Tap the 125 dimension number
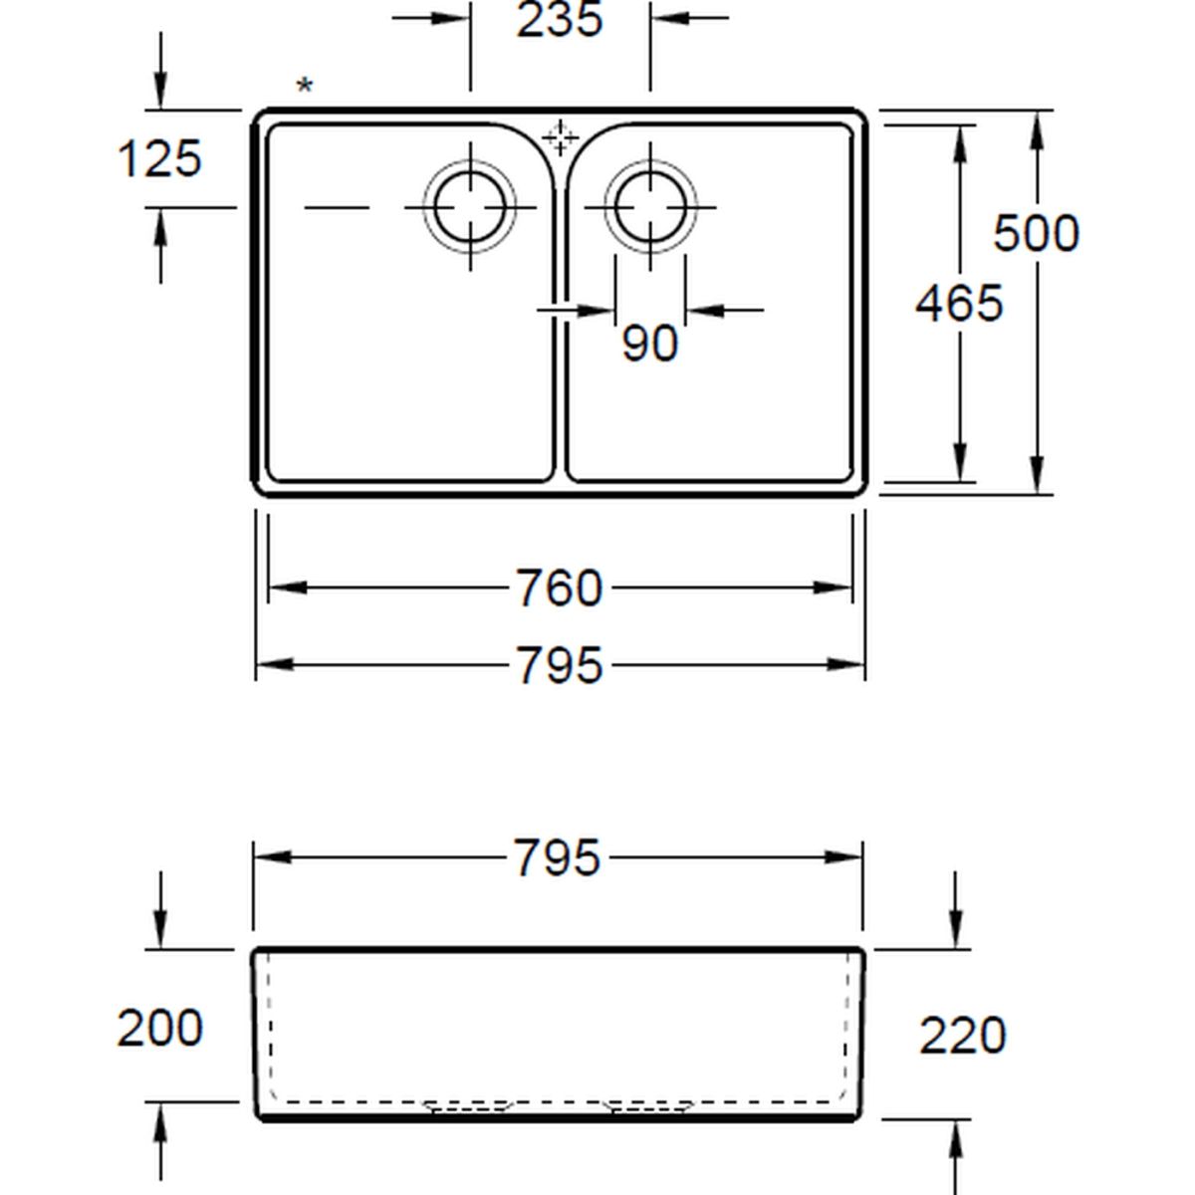[x=159, y=158]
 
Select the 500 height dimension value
[x=1037, y=233]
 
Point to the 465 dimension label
[x=959, y=304]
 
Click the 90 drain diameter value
[x=650, y=344]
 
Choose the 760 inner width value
[x=560, y=588]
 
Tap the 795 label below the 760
[x=560, y=665]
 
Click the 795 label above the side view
[x=558, y=857]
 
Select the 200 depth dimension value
[x=160, y=1028]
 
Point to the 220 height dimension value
[x=962, y=1035]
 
